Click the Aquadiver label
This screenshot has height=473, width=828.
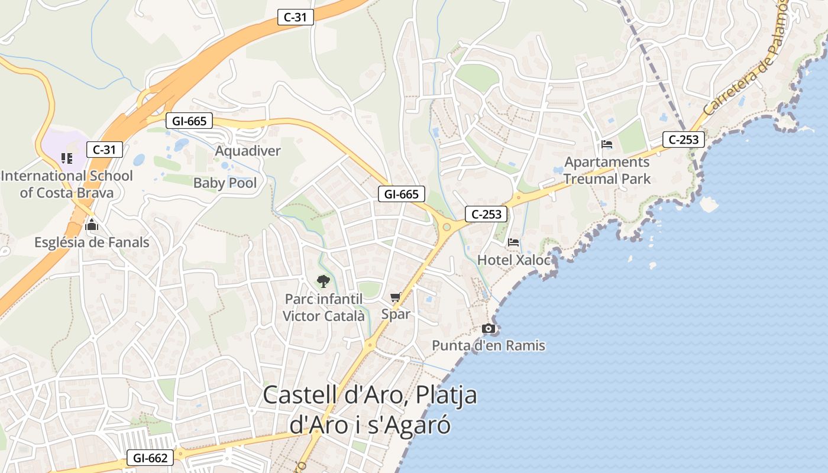tap(247, 151)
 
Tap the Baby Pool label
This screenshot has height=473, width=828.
tap(225, 183)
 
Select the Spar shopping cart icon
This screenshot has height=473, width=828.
tap(395, 297)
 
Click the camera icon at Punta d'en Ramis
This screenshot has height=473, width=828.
tap(488, 329)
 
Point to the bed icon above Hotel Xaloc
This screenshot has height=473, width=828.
tap(513, 242)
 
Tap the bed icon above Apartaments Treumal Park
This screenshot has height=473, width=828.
tap(607, 144)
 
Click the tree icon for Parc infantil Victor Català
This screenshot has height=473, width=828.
tap(323, 281)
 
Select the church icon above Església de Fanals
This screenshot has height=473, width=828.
tap(92, 225)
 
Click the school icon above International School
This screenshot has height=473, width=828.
tap(67, 158)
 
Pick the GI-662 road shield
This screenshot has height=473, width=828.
tap(150, 458)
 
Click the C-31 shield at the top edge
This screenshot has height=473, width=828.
tap(295, 17)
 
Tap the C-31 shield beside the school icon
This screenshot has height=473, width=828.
tap(105, 150)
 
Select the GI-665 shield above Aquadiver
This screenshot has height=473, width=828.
tap(189, 121)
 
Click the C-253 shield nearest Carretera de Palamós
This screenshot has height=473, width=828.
tap(684, 140)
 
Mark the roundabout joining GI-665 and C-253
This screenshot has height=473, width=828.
tap(447, 226)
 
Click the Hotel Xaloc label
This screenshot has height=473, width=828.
tap(513, 260)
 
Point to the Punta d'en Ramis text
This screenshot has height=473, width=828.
tap(489, 345)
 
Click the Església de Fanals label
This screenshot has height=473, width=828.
tap(92, 242)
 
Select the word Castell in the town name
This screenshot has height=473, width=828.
tap(299, 395)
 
